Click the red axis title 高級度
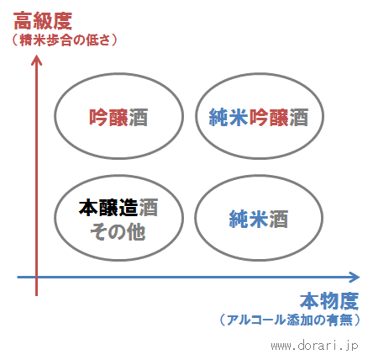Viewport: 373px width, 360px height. pos(43,21)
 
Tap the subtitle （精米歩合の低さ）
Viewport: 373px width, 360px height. pos(64,40)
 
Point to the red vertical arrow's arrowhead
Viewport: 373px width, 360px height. pos(36,61)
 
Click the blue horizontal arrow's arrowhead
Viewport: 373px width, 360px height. pos(355,278)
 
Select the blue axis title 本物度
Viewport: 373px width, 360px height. pos(329,301)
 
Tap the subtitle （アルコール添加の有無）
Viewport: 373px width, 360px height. pos(290,320)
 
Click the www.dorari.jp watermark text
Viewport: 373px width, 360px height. pos(314,346)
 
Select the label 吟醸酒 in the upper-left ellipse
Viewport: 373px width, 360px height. pos(118,117)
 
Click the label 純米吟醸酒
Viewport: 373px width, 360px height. pos(259,117)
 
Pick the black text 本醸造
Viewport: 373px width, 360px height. pos(108,208)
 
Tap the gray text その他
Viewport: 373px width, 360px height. pos(118,232)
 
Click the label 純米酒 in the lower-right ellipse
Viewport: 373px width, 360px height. pos(259,219)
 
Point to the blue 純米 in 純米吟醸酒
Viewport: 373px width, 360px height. pos(229,117)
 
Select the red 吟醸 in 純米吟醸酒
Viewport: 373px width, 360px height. pos(269,117)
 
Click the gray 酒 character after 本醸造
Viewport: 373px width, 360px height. pos(148,208)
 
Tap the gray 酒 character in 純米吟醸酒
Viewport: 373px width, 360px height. pos(299,117)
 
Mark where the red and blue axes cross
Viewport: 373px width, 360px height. pos(36,278)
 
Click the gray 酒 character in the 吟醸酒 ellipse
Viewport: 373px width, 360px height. pos(139,117)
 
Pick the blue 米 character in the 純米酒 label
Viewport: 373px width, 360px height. pos(259,219)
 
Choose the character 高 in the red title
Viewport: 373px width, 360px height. pos(23,21)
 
